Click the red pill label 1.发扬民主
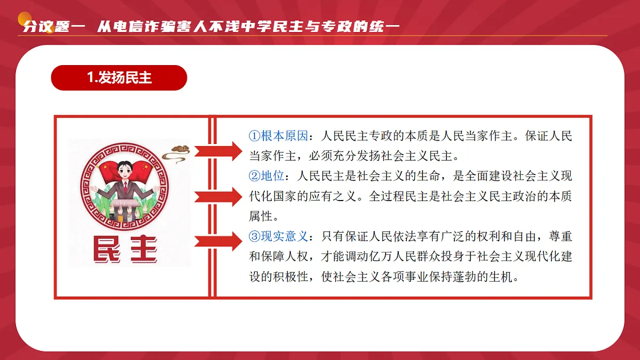point(119,78)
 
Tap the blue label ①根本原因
point(278,136)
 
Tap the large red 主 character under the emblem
point(141,249)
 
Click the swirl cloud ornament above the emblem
point(176,151)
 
